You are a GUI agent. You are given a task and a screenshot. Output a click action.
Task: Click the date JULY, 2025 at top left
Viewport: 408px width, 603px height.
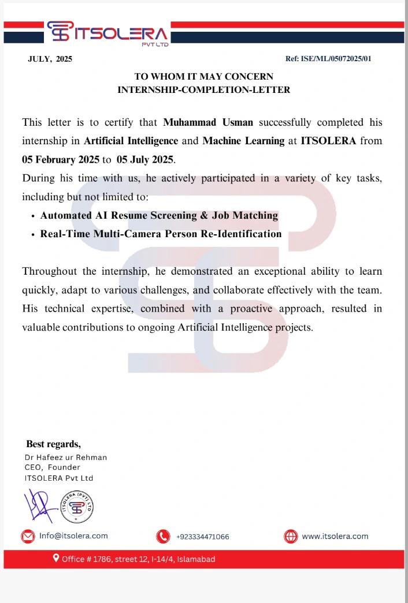[50, 59]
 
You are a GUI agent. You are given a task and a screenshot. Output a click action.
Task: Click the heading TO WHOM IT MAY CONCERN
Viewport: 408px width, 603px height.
[203, 76]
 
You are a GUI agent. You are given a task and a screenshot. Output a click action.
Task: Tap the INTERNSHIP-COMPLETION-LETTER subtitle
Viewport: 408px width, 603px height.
[203, 89]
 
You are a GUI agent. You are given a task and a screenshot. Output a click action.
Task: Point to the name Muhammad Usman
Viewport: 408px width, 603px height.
[208, 122]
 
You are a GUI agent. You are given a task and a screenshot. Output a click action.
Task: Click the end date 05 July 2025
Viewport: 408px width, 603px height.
[144, 159]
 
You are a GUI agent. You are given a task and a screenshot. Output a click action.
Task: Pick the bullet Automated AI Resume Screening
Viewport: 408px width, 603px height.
[159, 215]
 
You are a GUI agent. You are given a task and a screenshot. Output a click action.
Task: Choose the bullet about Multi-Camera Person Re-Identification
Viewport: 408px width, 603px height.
[161, 234]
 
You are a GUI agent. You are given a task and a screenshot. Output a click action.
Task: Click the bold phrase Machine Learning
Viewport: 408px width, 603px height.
[243, 140]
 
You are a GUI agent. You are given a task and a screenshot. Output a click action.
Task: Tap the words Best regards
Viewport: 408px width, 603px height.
[53, 444]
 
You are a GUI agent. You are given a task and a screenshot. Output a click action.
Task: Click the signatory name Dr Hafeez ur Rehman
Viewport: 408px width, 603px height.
[65, 457]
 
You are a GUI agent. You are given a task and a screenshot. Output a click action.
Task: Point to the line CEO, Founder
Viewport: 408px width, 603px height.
[52, 467]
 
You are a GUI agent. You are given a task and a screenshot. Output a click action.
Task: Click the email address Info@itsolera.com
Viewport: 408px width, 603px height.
[73, 536]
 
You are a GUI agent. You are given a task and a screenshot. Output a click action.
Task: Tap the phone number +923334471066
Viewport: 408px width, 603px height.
[202, 537]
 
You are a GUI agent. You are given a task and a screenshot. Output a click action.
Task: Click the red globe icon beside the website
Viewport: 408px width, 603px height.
[291, 537]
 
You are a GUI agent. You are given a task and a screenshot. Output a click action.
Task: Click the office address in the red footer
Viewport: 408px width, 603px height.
[138, 559]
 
